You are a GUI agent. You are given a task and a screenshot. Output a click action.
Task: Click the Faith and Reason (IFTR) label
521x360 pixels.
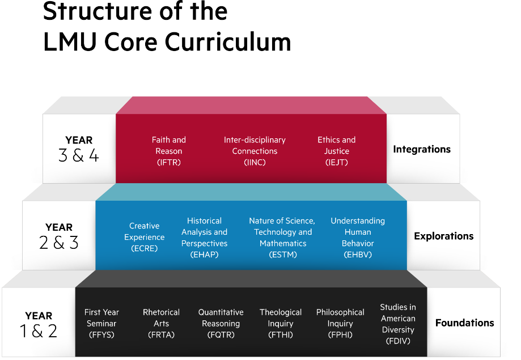click(169, 151)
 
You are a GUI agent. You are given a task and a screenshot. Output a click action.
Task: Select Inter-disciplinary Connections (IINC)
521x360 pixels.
click(255, 151)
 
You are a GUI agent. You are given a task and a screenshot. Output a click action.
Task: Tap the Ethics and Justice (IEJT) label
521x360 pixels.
click(336, 151)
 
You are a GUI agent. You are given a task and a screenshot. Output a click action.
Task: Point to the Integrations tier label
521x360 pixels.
click(422, 149)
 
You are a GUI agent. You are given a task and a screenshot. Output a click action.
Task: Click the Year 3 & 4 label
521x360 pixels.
click(79, 149)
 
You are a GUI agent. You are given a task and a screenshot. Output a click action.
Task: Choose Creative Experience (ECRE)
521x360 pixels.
click(145, 237)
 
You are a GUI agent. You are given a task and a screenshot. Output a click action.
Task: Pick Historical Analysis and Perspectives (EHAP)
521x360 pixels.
click(204, 237)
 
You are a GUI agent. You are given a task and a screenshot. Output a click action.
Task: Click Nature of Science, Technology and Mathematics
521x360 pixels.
click(282, 232)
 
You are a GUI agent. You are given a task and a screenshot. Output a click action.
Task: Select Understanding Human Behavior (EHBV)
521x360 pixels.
click(358, 237)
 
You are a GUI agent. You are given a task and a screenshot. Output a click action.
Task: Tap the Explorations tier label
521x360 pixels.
click(443, 236)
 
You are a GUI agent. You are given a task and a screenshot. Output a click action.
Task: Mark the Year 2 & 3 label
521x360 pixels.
click(59, 236)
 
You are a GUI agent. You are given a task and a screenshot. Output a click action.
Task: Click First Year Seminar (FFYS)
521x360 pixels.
click(101, 323)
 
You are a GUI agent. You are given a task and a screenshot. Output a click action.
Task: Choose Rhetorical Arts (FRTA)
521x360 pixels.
click(161, 323)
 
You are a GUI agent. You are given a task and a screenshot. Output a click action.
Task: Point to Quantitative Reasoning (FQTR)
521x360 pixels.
click(221, 323)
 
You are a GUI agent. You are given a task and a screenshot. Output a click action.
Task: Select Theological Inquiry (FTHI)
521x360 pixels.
click(281, 323)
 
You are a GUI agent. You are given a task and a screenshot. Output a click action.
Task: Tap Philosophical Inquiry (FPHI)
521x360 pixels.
click(340, 323)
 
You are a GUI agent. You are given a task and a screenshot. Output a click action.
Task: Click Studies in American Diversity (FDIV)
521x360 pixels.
click(398, 324)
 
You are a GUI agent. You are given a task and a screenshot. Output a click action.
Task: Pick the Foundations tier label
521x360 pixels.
click(464, 323)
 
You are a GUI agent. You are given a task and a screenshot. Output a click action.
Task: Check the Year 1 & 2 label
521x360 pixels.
click(39, 324)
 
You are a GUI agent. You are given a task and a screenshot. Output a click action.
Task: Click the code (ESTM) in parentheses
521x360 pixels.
click(283, 255)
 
